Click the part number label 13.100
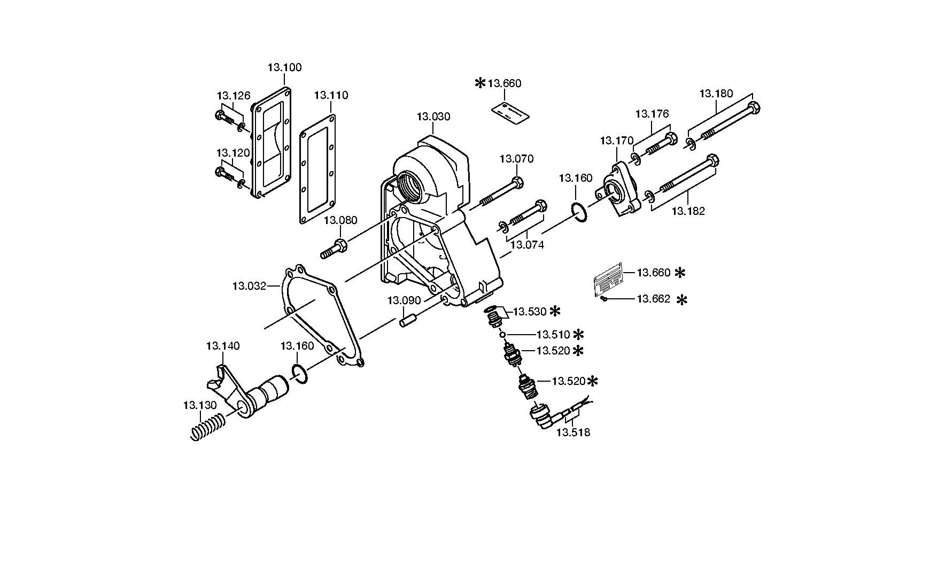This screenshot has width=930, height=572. (284, 67)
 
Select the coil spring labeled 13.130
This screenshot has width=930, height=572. (208, 427)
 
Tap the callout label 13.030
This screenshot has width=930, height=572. (433, 117)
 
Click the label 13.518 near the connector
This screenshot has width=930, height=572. (573, 432)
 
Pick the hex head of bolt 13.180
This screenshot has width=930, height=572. (754, 107)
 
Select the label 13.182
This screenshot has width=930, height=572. (688, 211)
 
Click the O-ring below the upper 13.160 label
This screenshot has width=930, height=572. (579, 211)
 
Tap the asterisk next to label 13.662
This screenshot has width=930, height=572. (681, 300)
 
